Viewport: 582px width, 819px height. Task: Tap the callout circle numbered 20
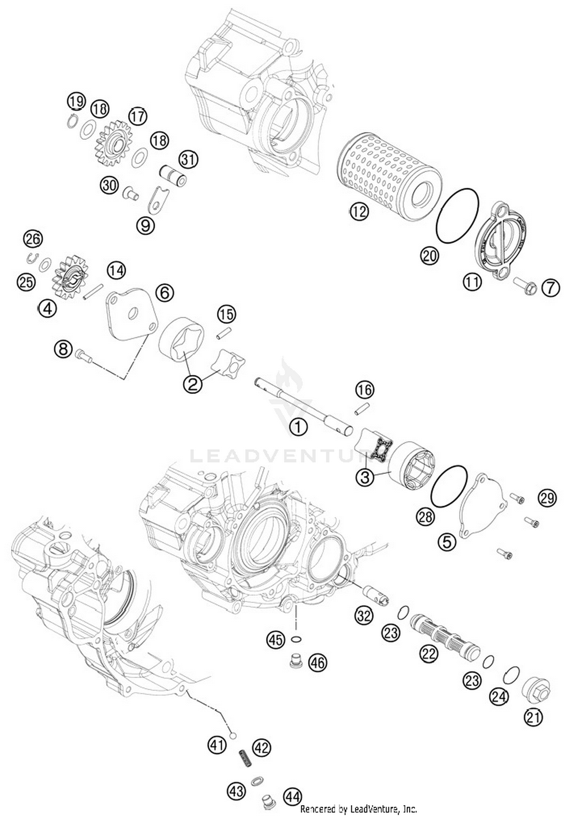point(430,256)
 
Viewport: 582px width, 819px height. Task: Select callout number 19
point(76,102)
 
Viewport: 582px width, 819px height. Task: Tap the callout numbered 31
point(188,160)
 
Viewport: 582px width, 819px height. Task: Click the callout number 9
point(145,225)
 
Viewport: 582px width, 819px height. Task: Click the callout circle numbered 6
point(165,293)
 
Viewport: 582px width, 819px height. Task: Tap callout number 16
point(364,390)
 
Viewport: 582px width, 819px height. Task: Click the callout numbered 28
point(425,517)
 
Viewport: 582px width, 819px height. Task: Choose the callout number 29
point(547,498)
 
